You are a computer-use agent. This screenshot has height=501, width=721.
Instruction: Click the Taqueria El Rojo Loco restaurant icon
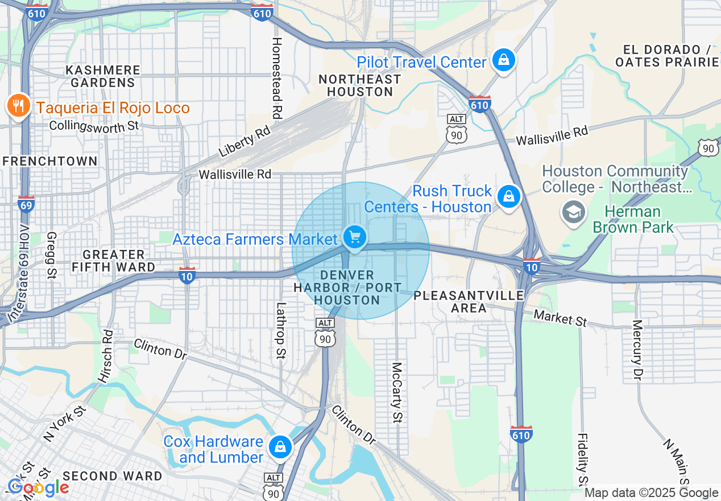pyautogui.click(x=19, y=106)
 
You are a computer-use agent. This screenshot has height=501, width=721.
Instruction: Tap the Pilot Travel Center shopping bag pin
pyautogui.click(x=503, y=60)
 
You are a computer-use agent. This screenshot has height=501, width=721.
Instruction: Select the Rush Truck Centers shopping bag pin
pyautogui.click(x=508, y=197)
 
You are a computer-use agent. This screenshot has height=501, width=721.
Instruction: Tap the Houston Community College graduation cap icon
pyautogui.click(x=573, y=212)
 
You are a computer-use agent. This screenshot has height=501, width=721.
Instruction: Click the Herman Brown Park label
pyautogui.click(x=633, y=220)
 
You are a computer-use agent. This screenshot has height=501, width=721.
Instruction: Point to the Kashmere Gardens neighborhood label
pyautogui.click(x=103, y=76)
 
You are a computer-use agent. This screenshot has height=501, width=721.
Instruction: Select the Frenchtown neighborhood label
pyautogui.click(x=50, y=162)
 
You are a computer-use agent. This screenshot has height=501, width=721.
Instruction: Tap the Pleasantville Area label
pyautogui.click(x=469, y=302)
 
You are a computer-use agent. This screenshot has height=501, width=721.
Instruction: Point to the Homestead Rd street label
pyautogui.click(x=277, y=78)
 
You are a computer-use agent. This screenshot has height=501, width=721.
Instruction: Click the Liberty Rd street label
pyautogui.click(x=244, y=142)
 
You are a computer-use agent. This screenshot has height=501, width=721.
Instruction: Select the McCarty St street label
pyautogui.click(x=397, y=393)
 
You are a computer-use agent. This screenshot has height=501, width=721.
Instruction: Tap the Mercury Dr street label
pyautogui.click(x=637, y=351)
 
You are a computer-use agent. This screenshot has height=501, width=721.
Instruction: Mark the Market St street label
pyautogui.click(x=560, y=318)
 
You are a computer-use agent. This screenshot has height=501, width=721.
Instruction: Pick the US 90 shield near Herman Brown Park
pyautogui.click(x=708, y=147)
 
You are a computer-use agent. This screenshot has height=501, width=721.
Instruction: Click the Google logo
pyautogui.click(x=38, y=488)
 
